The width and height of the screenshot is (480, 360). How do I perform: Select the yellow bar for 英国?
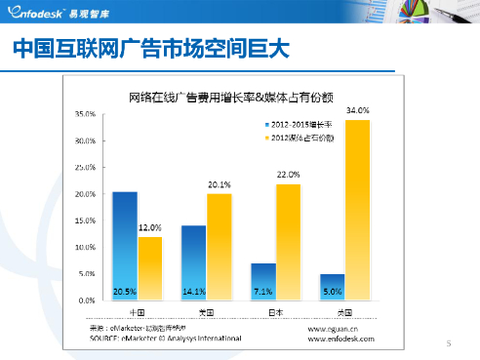(357, 210)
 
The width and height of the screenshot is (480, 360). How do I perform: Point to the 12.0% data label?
(148, 227)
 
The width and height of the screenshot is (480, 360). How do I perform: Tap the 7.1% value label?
(262, 292)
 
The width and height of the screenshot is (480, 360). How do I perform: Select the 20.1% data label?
(219, 184)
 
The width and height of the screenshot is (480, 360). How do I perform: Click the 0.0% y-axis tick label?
(86, 301)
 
